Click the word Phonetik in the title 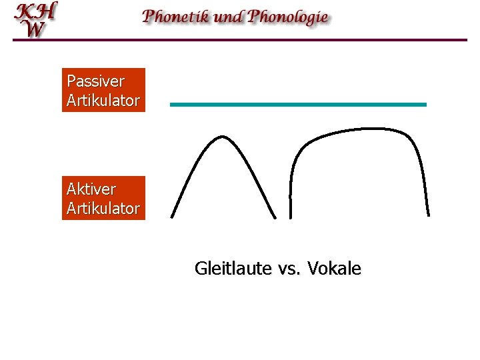pos(176,17)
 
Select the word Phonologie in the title pos(288,17)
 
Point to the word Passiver pos(95,81)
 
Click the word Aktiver pos(91,189)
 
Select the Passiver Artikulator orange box pos(103,90)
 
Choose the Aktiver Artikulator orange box pos(103,198)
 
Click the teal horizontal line pos(298,105)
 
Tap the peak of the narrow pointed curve pos(222,137)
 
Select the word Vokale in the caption pos(337,269)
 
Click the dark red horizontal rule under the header pos(240,40)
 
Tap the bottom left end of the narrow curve pos(172,215)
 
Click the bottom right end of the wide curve pos(429,214)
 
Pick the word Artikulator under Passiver pos(103,101)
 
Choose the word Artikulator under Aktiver pos(103,209)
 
